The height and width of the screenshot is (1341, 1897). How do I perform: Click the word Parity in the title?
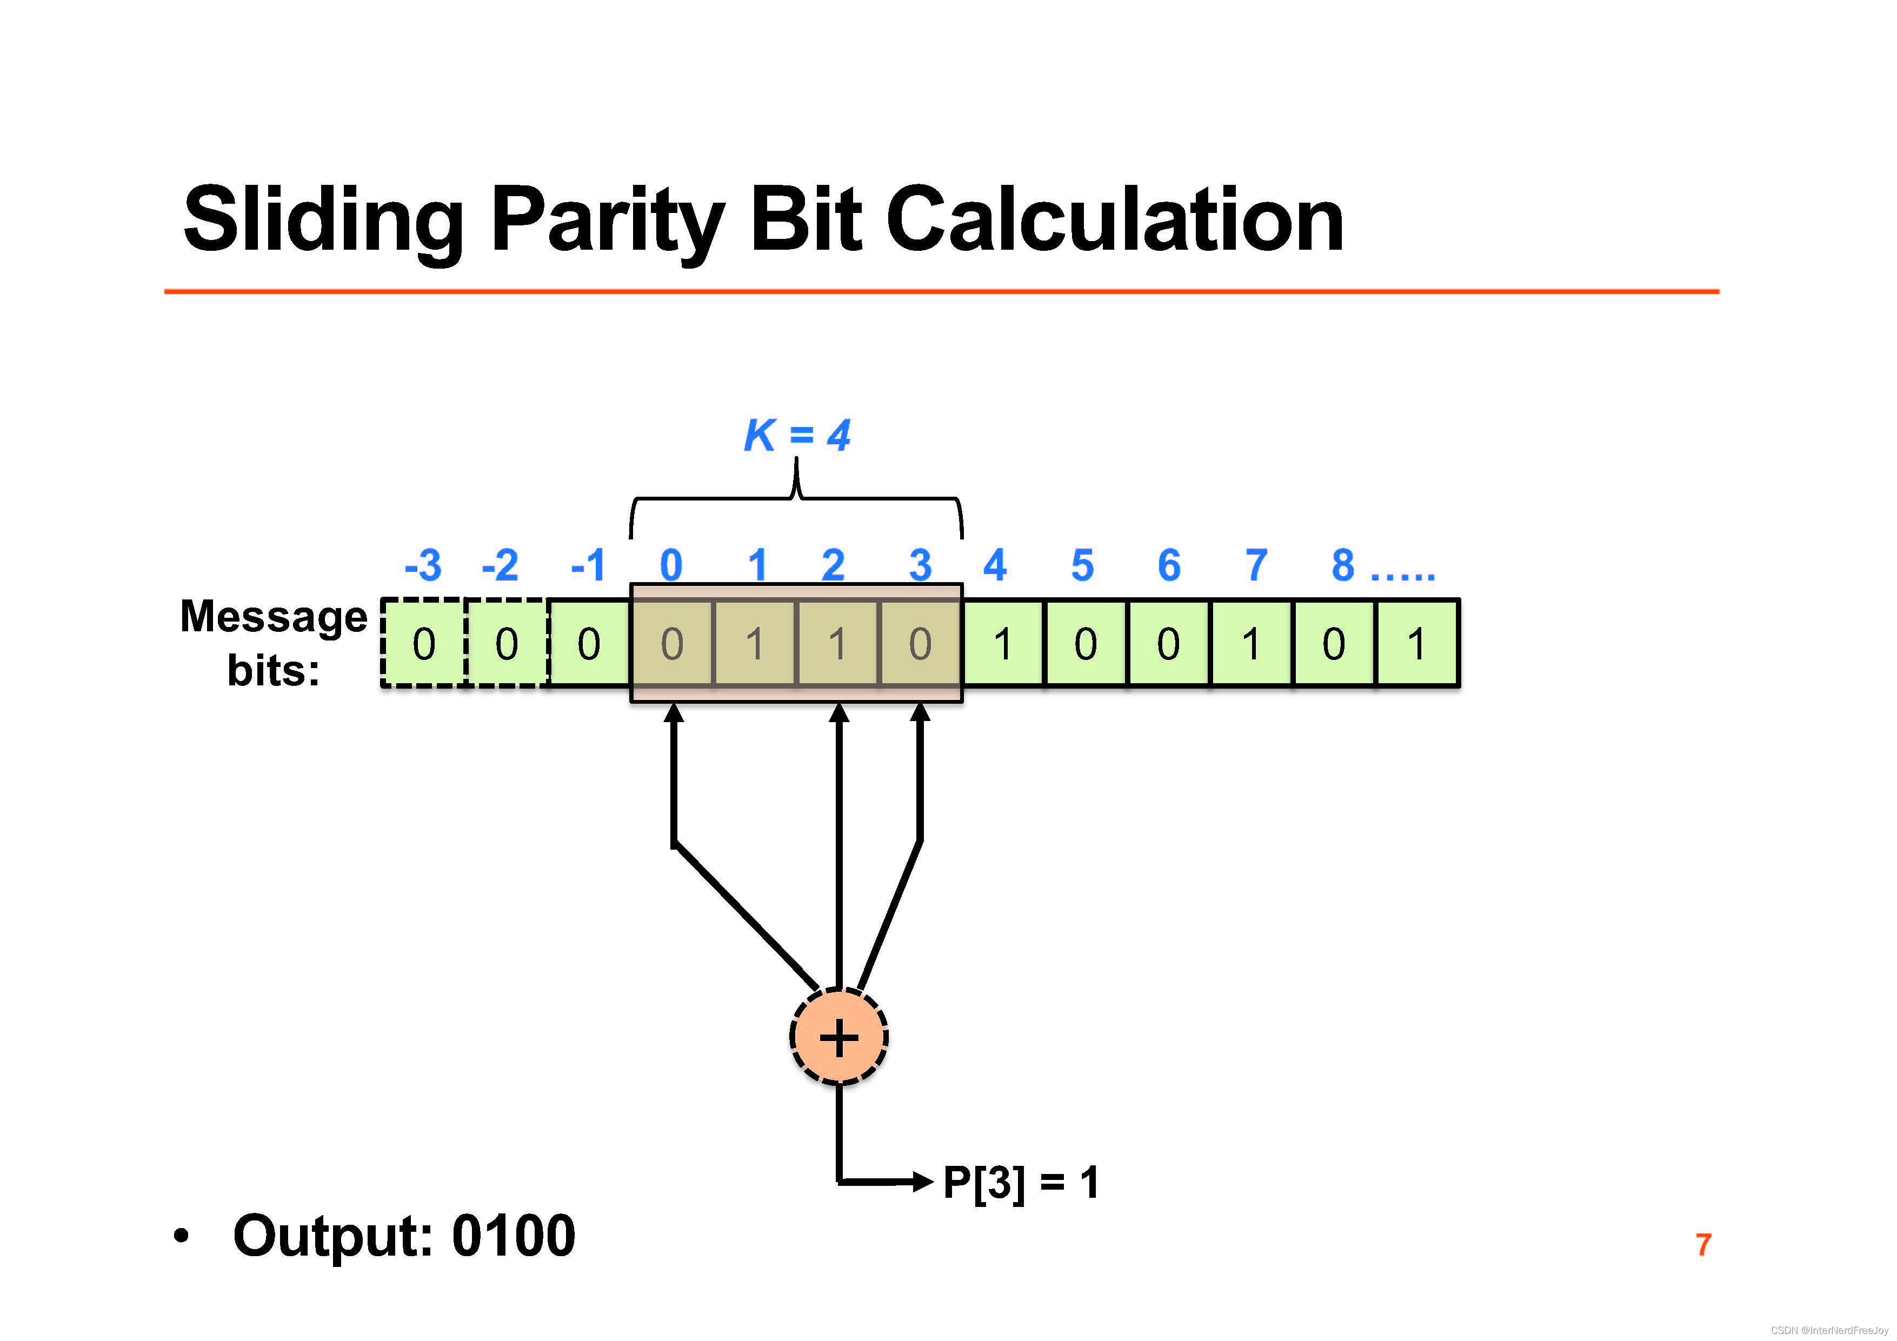point(607,222)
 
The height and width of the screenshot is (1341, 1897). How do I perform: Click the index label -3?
point(423,566)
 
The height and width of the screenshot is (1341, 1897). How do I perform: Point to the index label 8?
point(1343,566)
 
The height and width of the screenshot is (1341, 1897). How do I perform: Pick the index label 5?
point(1082,566)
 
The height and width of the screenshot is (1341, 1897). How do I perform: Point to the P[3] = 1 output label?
point(1020,1182)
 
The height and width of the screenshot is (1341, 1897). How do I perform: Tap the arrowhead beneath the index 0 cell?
point(674,713)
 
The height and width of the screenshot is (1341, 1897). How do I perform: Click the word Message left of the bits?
point(274,616)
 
